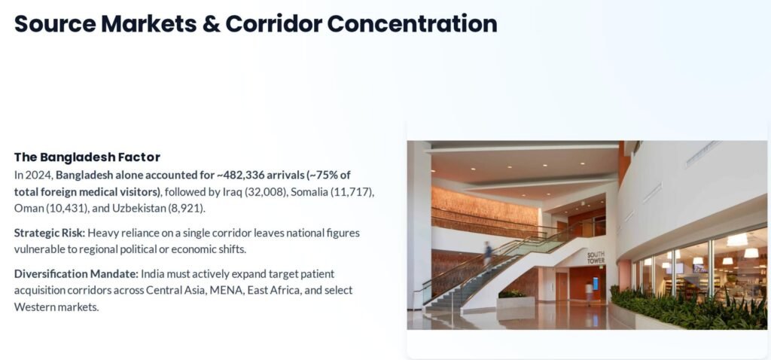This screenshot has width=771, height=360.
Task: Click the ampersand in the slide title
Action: pyautogui.click(x=211, y=24)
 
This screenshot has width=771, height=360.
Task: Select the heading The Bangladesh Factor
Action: pyautogui.click(x=87, y=157)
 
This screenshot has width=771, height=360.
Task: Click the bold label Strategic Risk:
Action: pyautogui.click(x=50, y=233)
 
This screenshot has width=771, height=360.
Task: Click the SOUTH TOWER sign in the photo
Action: pyautogui.click(x=596, y=258)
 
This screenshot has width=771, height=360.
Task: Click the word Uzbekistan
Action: pyautogui.click(x=139, y=208)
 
